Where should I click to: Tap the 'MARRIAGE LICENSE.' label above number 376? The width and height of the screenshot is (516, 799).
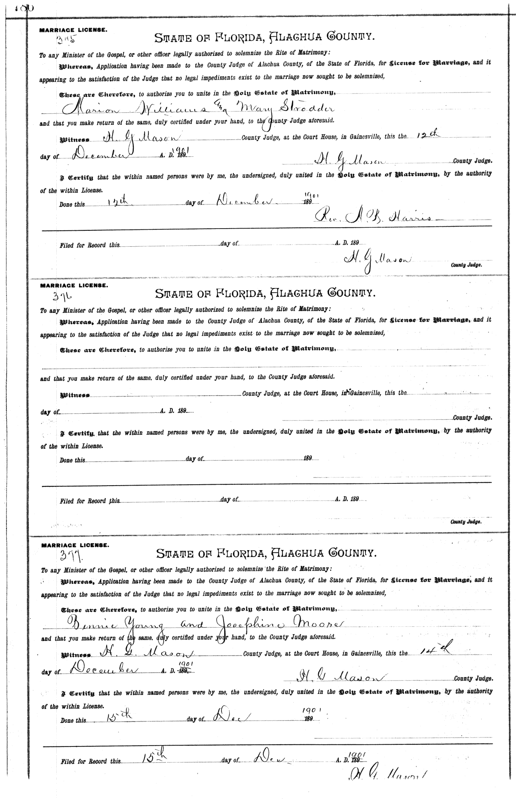pos(74,285)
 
